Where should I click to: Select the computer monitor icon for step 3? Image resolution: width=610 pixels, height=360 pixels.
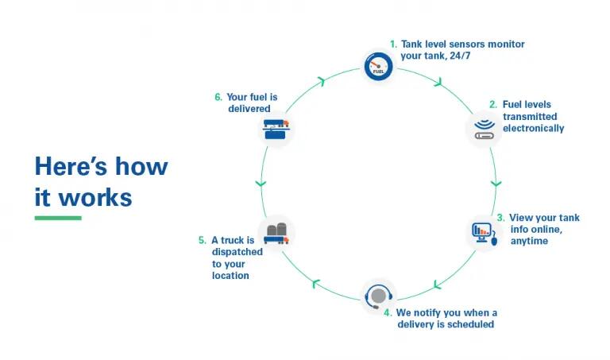point(485,232)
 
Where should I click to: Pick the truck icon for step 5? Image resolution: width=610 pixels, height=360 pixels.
point(276,233)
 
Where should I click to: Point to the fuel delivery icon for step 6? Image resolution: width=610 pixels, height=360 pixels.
point(276,128)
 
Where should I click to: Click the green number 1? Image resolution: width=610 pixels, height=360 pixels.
point(392,44)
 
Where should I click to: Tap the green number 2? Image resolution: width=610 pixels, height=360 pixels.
point(492,105)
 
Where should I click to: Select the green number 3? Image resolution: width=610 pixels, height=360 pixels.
point(500,218)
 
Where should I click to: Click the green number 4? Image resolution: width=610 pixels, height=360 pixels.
point(388,312)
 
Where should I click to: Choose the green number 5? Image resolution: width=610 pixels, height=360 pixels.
point(202,240)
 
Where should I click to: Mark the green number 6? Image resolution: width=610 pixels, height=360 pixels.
point(218,98)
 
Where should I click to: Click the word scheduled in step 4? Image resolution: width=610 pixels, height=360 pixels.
point(471,324)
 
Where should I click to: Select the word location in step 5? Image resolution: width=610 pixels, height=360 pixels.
point(230,276)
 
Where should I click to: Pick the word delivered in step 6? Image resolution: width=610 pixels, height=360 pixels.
point(249,110)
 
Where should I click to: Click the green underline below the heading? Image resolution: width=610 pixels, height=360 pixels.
point(58,218)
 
